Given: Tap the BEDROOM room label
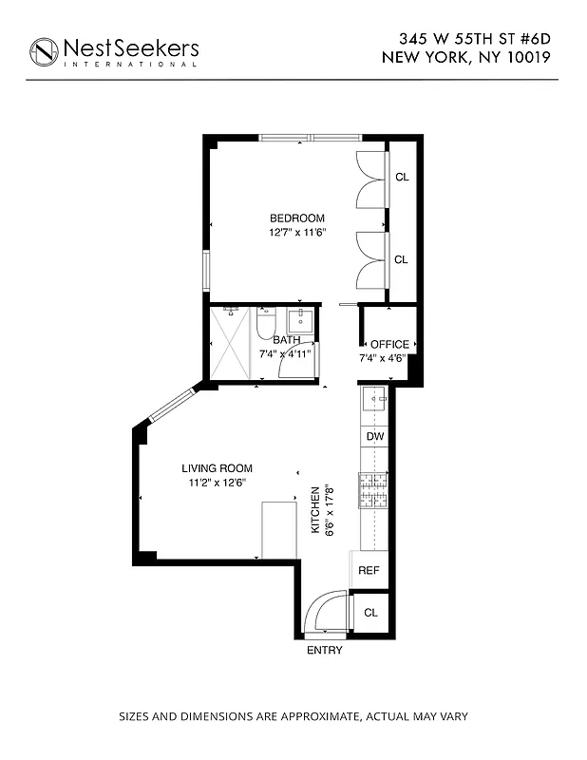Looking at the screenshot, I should point(296,218).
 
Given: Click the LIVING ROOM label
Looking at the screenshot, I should point(217,467).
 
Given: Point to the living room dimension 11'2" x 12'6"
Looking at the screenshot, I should point(217,483).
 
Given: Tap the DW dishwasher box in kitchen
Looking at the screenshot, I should point(375,436).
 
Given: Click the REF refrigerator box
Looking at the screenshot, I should point(369,570).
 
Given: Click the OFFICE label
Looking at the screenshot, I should point(389,344).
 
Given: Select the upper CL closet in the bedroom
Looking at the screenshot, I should point(402,177).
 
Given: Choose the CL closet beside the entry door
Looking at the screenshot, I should point(370,613).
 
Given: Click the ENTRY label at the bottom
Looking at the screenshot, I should point(324,651).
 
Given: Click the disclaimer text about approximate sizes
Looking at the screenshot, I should point(293,716).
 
